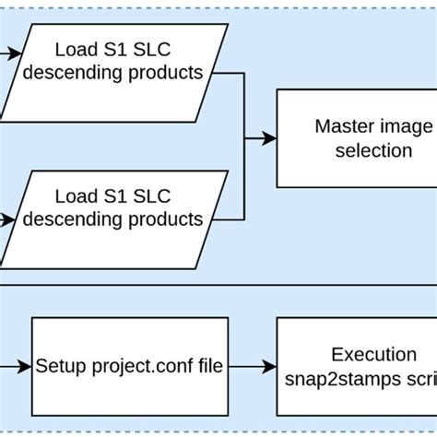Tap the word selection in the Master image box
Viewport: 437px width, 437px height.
tap(375, 149)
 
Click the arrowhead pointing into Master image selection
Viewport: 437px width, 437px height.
tap(268, 138)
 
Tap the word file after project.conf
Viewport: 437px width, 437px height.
tap(207, 366)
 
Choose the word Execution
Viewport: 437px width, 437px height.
tap(375, 354)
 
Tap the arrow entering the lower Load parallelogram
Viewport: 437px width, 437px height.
tap(9, 218)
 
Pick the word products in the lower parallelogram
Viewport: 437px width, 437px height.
tap(166, 219)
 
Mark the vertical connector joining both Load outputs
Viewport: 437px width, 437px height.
tap(244, 138)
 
